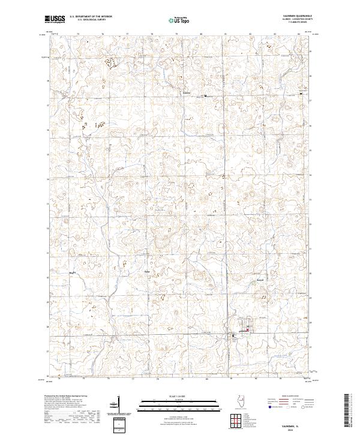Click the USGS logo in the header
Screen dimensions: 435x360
(55, 20)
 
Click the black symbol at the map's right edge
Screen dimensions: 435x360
(300, 94)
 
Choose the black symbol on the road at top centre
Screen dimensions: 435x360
(205, 95)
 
